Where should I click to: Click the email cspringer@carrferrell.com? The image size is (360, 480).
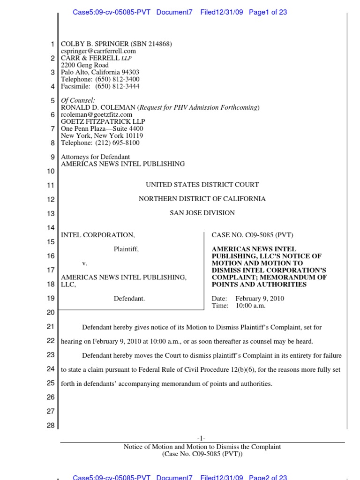(x=98, y=51)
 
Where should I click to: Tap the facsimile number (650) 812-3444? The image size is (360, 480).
(x=117, y=86)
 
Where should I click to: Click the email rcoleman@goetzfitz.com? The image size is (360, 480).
(x=97, y=114)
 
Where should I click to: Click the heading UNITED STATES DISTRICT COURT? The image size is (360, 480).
(x=202, y=185)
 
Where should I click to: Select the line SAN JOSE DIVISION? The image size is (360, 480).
(x=202, y=213)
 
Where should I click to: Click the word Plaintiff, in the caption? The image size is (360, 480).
(x=126, y=249)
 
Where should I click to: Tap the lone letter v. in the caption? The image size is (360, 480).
(x=85, y=263)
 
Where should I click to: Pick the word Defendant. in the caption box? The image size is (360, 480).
(x=129, y=298)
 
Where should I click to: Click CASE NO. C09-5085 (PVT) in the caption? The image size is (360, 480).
(x=253, y=235)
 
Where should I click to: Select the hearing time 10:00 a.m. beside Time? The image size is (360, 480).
(x=250, y=306)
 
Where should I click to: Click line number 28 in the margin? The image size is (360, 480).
(x=51, y=426)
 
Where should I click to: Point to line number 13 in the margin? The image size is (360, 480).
(x=51, y=213)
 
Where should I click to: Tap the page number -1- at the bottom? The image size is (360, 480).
(x=202, y=438)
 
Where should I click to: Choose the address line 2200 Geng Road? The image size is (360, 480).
(x=85, y=65)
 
